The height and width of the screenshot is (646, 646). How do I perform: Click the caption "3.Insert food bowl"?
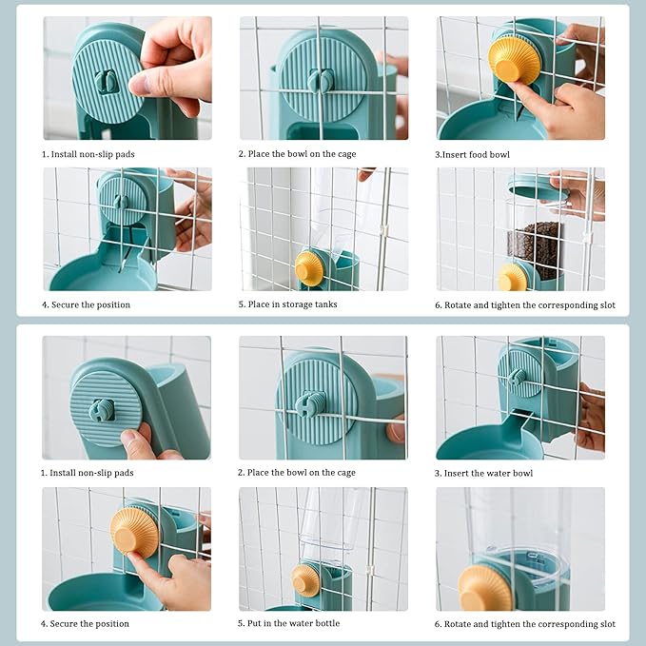click(x=472, y=154)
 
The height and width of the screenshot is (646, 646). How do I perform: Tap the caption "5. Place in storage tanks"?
click(x=287, y=304)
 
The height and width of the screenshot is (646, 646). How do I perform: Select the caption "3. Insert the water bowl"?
click(x=483, y=473)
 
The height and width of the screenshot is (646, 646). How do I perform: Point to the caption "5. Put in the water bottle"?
click(x=289, y=623)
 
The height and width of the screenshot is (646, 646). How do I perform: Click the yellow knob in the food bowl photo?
click(x=514, y=60)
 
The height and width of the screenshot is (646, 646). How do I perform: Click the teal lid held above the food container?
click(x=538, y=187)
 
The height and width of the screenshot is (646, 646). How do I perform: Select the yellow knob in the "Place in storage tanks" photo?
click(x=309, y=268)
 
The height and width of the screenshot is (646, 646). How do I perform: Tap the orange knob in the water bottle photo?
click(x=306, y=580)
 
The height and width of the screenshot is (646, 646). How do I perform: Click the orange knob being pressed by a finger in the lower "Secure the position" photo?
click(x=134, y=532)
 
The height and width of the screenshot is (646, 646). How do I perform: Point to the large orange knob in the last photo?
click(x=485, y=588)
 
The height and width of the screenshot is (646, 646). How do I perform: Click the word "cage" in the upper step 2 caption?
click(x=346, y=154)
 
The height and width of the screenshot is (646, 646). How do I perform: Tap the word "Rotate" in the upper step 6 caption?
click(x=458, y=305)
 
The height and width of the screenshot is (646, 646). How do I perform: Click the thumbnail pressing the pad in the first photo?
click(x=138, y=85)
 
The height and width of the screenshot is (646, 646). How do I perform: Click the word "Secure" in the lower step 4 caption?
click(x=65, y=624)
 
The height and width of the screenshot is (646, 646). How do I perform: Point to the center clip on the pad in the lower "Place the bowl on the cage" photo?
click(x=312, y=403)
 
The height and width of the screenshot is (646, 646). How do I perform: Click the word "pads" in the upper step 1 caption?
click(x=125, y=154)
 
